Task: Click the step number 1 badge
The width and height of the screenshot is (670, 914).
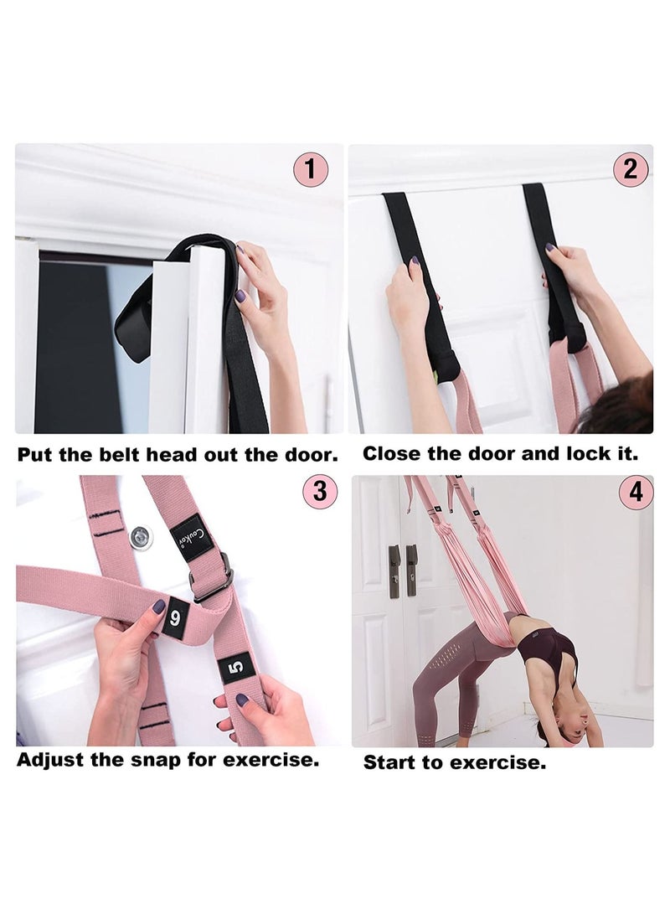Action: pos(311,170)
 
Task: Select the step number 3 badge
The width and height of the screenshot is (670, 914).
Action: pos(319,491)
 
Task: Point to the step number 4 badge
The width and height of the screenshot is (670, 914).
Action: pos(636,492)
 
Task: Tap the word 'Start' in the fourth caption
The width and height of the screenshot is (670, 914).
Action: pos(394,763)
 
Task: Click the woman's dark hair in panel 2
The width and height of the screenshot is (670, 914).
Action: pos(624,411)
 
